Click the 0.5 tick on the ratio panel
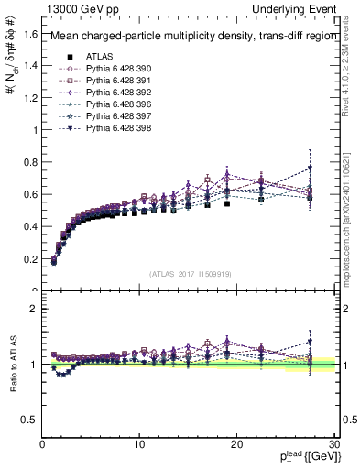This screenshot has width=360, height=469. pos(30,420)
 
